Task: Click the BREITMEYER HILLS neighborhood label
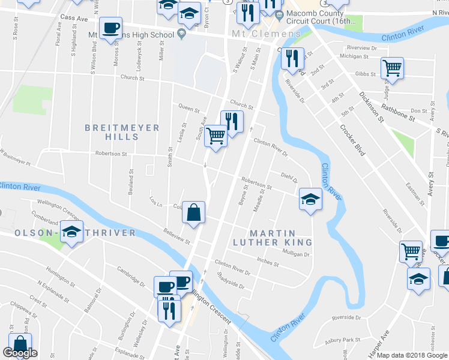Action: pyautogui.click(x=122, y=132)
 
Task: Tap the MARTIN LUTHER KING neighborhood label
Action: pyautogui.click(x=273, y=238)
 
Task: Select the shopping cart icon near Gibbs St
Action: pyautogui.click(x=392, y=68)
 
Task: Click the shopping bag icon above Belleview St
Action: pyautogui.click(x=193, y=212)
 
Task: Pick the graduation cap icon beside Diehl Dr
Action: pyautogui.click(x=310, y=199)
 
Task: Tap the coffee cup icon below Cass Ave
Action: pyautogui.click(x=110, y=28)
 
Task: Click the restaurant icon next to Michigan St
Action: pyautogui.click(x=291, y=58)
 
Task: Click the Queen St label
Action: pyautogui.click(x=188, y=109)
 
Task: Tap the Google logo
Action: pyautogui.click(x=20, y=353)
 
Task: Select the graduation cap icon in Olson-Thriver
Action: pyautogui.click(x=72, y=233)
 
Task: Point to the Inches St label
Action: pyautogui.click(x=267, y=262)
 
